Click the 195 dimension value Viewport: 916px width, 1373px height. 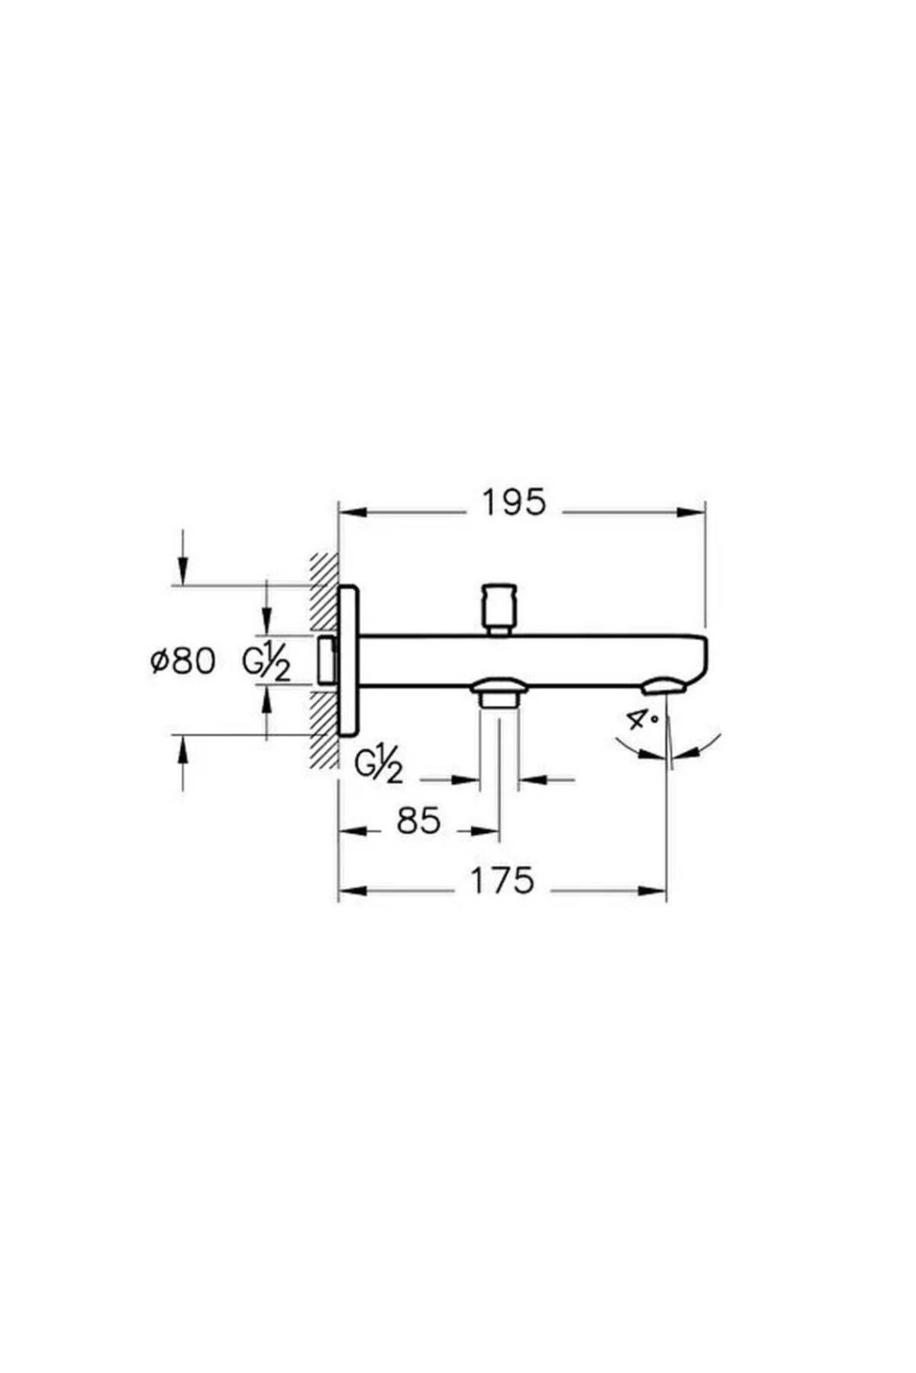pyautogui.click(x=514, y=503)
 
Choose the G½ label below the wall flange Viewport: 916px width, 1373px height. pyautogui.click(x=379, y=765)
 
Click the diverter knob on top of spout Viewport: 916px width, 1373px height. pyautogui.click(x=500, y=607)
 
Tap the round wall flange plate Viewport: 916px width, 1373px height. pyautogui.click(x=348, y=661)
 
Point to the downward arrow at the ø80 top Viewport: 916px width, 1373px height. pyautogui.click(x=182, y=572)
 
